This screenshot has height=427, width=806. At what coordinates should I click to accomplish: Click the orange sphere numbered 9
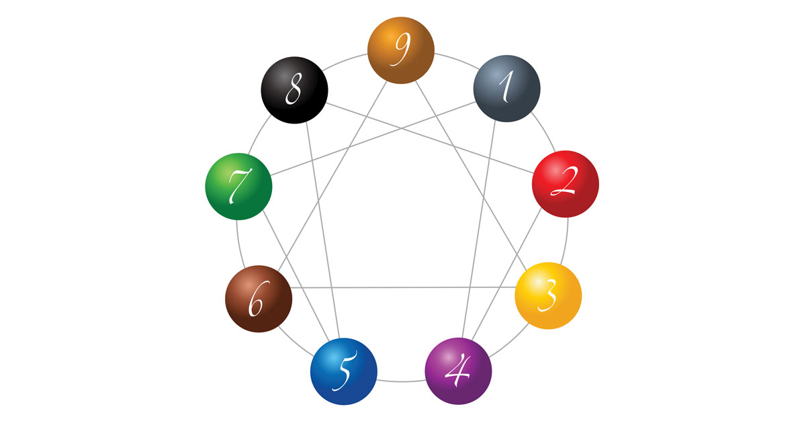point(401,50)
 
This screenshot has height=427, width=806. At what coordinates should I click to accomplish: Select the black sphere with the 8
point(294,90)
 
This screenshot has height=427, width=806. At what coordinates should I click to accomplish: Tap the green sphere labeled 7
point(238,186)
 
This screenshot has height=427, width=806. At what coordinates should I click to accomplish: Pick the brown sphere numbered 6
point(258,299)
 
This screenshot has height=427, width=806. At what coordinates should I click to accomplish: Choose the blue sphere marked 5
point(344,371)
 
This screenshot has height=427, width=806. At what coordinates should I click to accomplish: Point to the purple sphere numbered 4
point(459,371)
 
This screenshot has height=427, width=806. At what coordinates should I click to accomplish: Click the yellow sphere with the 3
point(548,295)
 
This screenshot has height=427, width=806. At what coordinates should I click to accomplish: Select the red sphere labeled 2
point(565,184)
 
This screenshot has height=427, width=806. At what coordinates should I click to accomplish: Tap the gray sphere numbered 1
point(507,89)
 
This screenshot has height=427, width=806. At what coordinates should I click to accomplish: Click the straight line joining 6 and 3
point(403,287)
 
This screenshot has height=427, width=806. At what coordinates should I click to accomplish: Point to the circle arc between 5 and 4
point(401,381)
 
